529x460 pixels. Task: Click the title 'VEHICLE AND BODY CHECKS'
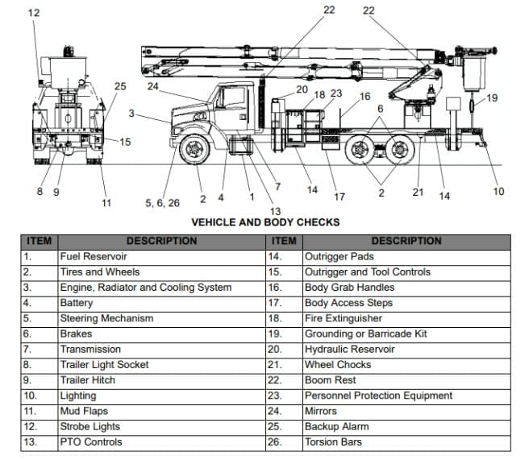[264, 222]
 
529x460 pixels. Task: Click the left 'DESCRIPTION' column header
[160, 241]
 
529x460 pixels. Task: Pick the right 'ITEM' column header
[284, 241]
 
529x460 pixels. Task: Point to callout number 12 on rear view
[33, 14]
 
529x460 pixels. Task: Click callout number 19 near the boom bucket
[492, 97]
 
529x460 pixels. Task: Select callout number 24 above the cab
[152, 85]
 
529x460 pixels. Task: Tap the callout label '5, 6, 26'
[162, 203]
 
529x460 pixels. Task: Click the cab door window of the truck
[234, 97]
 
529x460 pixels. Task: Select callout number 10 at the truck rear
[498, 191]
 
